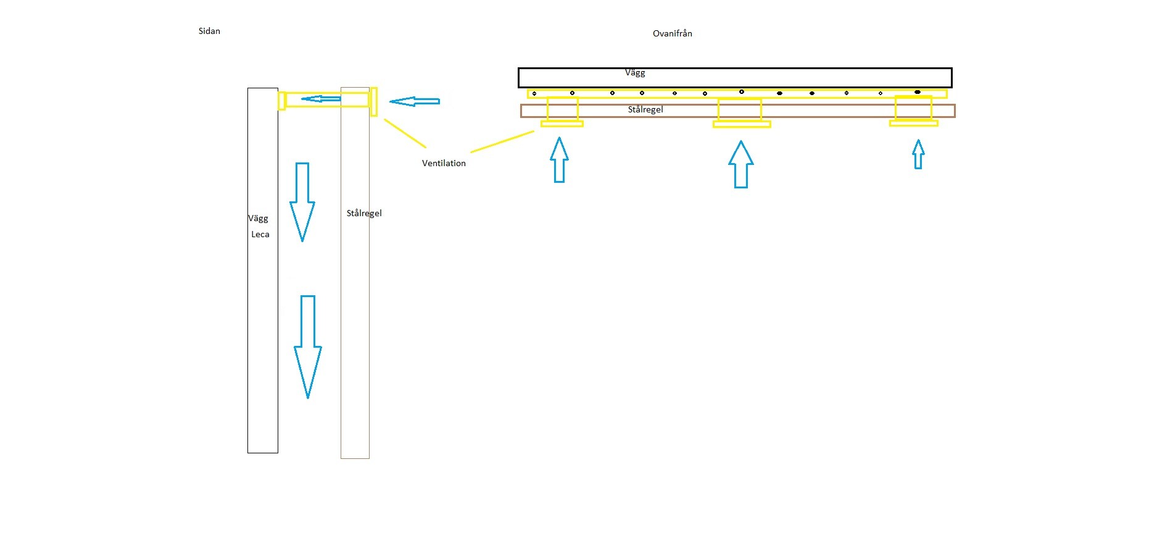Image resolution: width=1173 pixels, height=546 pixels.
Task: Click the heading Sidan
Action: [209, 31]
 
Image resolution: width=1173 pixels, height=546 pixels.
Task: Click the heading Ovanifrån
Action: [672, 33]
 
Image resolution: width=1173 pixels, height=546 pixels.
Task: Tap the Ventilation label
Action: [444, 163]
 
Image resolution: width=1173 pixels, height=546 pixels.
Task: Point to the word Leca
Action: [260, 234]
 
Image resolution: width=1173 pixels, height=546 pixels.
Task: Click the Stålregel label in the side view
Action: [364, 213]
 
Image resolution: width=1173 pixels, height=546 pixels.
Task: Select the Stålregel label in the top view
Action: [645, 109]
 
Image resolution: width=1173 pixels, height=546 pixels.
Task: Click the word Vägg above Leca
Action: [258, 218]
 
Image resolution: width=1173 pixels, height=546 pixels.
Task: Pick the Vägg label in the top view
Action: [635, 73]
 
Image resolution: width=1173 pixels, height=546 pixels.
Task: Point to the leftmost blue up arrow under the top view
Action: [559, 160]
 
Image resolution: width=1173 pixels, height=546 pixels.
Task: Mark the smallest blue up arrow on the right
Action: [918, 154]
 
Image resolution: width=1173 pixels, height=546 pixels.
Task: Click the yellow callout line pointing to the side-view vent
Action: [405, 133]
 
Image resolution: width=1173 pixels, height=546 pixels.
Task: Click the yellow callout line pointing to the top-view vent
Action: [502, 141]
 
